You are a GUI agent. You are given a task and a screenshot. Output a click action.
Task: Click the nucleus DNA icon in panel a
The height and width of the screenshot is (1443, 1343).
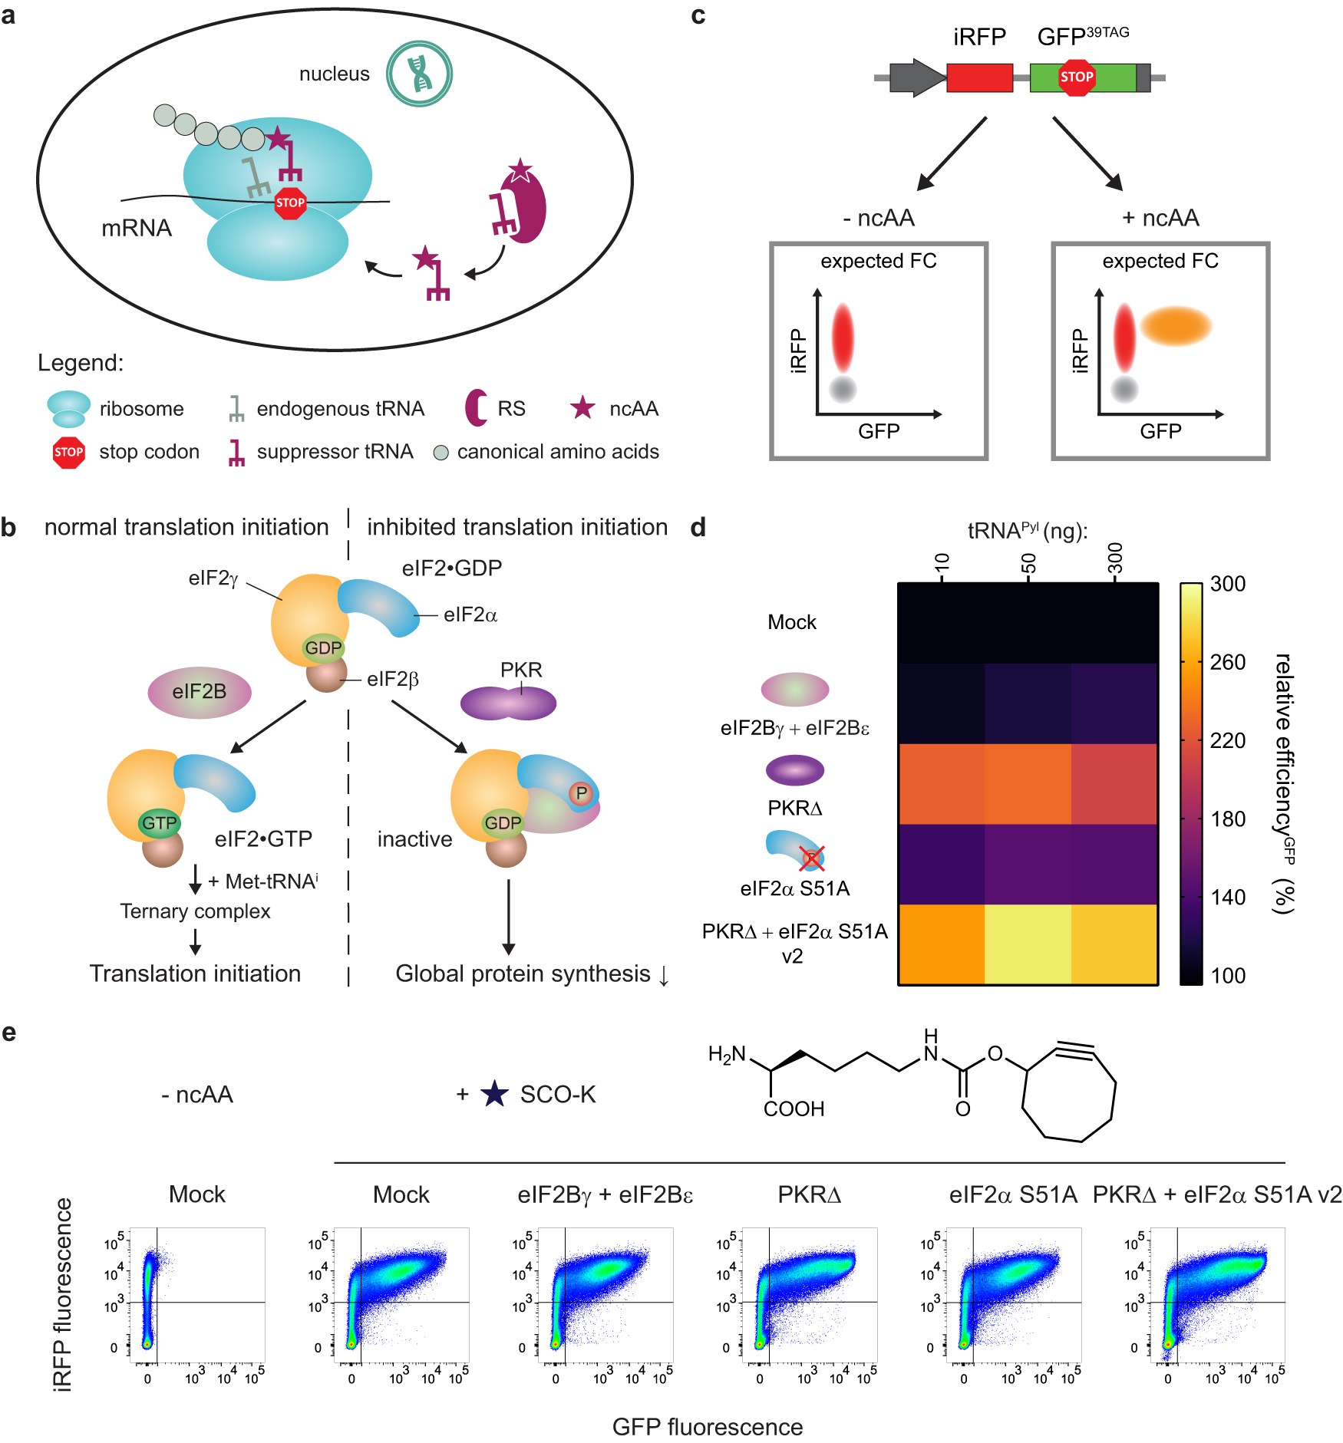(419, 74)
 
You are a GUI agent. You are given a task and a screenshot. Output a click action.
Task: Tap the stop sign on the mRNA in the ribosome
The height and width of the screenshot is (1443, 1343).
(290, 203)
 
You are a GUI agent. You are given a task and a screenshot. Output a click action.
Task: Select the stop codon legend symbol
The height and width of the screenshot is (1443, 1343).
(68, 452)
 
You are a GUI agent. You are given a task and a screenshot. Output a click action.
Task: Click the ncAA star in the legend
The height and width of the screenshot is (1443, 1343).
(582, 408)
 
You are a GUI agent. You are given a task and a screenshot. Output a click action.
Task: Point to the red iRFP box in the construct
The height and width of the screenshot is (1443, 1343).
(979, 77)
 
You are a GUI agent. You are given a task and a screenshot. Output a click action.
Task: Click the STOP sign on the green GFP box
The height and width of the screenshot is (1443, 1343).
(1076, 77)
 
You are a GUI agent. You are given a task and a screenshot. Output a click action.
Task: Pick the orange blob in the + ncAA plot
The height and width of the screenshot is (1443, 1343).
(1175, 325)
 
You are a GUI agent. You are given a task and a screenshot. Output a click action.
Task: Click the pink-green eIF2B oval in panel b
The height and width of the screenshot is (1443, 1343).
(199, 691)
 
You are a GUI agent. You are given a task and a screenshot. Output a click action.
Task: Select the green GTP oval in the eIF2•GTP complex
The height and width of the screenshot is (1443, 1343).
(159, 823)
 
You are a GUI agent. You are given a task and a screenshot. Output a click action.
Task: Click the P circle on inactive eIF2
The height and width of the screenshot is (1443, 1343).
(581, 793)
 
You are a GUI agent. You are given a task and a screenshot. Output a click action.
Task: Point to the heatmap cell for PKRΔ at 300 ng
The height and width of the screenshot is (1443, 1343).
(1114, 783)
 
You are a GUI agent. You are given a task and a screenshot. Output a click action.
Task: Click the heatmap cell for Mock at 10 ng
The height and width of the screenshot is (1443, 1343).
(942, 623)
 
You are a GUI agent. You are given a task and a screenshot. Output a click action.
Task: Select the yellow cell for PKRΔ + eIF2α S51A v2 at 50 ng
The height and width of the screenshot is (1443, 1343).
(1028, 944)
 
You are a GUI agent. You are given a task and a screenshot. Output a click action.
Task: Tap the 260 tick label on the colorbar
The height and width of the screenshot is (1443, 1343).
(1227, 662)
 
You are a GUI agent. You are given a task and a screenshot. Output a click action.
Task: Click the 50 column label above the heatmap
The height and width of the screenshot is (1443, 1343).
(1028, 563)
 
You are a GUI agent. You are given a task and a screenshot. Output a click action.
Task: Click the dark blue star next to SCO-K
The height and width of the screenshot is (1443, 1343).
(494, 1094)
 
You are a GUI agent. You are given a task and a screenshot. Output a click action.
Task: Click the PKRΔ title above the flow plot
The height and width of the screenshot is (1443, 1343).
(809, 1194)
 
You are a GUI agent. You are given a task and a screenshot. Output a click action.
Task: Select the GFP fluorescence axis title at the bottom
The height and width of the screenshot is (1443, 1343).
(707, 1426)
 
